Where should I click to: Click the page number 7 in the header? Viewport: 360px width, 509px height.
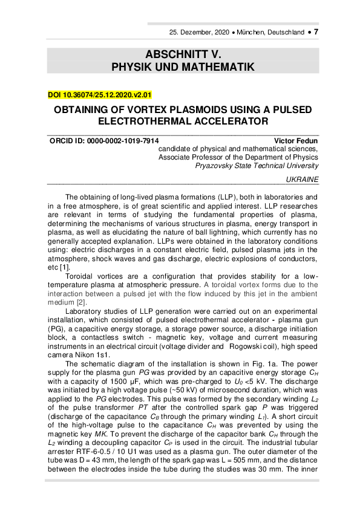pos(316,31)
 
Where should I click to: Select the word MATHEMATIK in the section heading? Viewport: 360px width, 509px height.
pos(220,66)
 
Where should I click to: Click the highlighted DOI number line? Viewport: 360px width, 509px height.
pos(99,95)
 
